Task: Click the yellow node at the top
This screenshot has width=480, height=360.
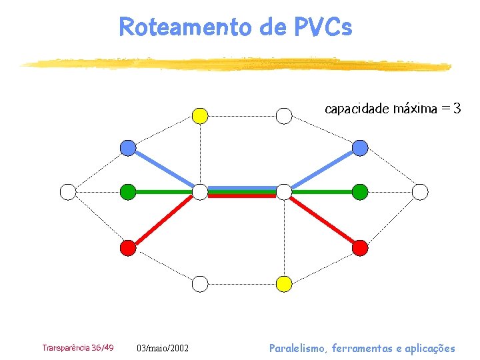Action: point(200,116)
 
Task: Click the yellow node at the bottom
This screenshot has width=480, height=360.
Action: point(284,284)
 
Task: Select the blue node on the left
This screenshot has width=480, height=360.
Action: point(127,148)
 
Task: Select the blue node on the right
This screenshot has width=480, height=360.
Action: point(359,148)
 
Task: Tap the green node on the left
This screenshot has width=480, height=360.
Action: point(127,192)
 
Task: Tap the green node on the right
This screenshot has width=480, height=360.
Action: point(359,192)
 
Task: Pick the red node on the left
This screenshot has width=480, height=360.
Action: point(127,248)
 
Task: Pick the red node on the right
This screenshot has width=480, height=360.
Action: point(359,248)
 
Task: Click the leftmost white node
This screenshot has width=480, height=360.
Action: point(68,192)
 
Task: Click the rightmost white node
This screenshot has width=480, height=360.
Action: point(420,192)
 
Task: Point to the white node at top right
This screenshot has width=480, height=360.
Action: point(284,116)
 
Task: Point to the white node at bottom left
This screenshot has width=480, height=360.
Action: point(200,284)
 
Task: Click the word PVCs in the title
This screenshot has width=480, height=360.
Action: point(322,27)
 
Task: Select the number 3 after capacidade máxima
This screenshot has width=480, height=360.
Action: point(456,108)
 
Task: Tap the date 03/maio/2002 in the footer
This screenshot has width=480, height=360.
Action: point(163,349)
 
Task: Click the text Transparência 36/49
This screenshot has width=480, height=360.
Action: point(77,348)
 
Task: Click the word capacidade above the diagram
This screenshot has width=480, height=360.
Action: point(357,108)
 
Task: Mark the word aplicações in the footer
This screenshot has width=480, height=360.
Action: point(428,348)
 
